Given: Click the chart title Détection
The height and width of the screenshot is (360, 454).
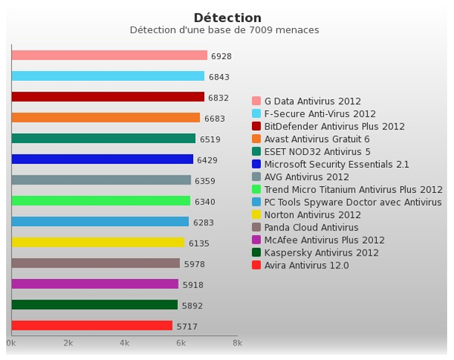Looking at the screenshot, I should pyautogui.click(x=228, y=18).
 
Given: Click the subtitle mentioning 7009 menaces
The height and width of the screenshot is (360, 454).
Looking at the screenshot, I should pyautogui.click(x=224, y=30).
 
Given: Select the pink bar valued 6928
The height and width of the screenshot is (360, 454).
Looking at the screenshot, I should pyautogui.click(x=110, y=55).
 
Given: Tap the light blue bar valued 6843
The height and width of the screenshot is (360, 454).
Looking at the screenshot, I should pyautogui.click(x=108, y=76).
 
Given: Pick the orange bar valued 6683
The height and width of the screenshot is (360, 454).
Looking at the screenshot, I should pyautogui.click(x=106, y=117).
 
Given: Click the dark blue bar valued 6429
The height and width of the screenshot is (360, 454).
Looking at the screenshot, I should pyautogui.click(x=102, y=159).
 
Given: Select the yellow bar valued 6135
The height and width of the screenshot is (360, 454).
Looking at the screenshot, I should pyautogui.click(x=98, y=243).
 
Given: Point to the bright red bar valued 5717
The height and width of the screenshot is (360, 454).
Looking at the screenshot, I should pyautogui.click(x=92, y=326).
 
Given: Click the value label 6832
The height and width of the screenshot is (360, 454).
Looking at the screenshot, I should pyautogui.click(x=219, y=98).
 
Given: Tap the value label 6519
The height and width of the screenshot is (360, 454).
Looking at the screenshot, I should pyautogui.click(x=210, y=139).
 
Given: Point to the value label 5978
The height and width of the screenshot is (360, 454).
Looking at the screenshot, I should pyautogui.click(x=194, y=265).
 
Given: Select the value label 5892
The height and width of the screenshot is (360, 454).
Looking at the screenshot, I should pyautogui.click(x=192, y=306).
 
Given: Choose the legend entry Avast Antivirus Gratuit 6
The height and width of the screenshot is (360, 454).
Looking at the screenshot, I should pyautogui.click(x=317, y=139).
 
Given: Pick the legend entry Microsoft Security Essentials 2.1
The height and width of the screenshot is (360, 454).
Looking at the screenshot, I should pyautogui.click(x=337, y=164).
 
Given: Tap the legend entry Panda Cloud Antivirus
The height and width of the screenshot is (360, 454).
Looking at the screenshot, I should pyautogui.click(x=311, y=228).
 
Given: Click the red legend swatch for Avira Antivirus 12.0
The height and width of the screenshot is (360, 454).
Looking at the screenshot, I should pyautogui.click(x=257, y=265).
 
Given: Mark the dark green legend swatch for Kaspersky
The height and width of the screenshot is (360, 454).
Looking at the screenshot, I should pyautogui.click(x=257, y=253).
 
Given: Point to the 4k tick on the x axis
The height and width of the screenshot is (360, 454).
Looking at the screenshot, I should pyautogui.click(x=124, y=343).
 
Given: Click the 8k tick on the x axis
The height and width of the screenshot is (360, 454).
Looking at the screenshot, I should pyautogui.click(x=237, y=343).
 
